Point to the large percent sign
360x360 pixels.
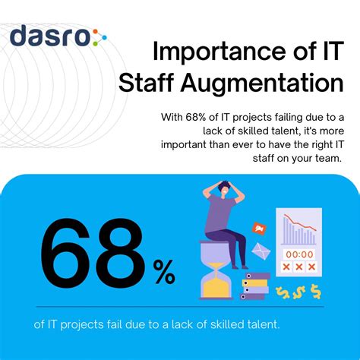click(x=164, y=271)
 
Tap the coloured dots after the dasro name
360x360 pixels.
click(x=99, y=36)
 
